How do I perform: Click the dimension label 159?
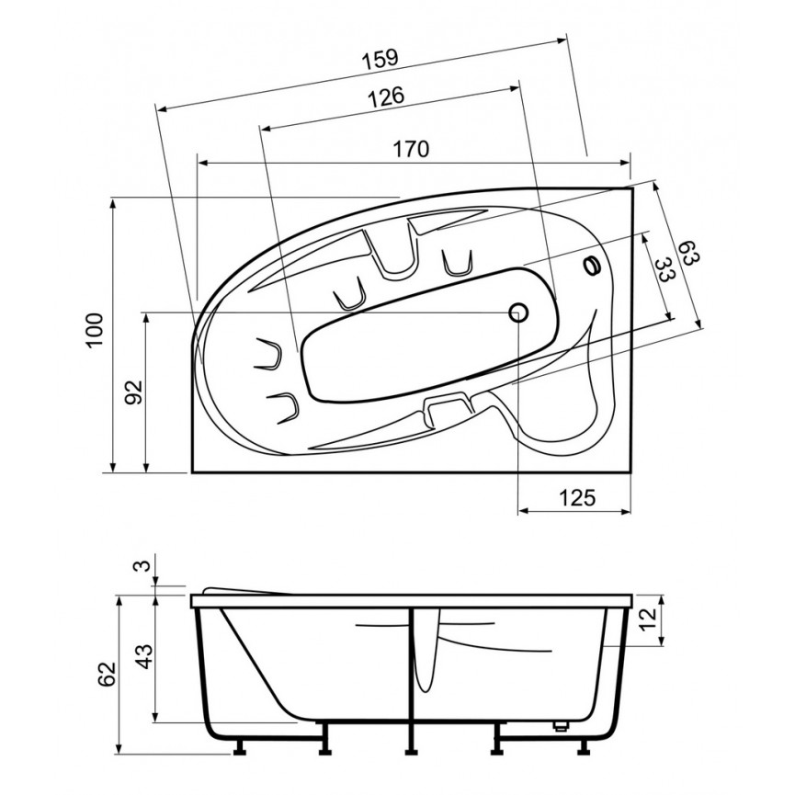pyautogui.click(x=380, y=58)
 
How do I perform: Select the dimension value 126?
pyautogui.click(x=386, y=97)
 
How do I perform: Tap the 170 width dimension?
pyautogui.click(x=411, y=149)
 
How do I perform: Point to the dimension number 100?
pyautogui.click(x=95, y=330)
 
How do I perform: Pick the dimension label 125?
pyautogui.click(x=577, y=498)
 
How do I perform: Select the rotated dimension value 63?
pyautogui.click(x=689, y=253)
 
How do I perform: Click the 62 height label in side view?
pyautogui.click(x=108, y=674)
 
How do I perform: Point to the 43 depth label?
pyautogui.click(x=144, y=656)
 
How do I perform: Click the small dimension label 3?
pyautogui.click(x=144, y=565)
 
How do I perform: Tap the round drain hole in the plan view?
pyautogui.click(x=518, y=312)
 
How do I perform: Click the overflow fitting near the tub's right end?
pyautogui.click(x=592, y=266)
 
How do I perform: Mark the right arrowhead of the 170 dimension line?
pyautogui.click(x=625, y=163)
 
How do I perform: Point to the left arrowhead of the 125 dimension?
pyautogui.click(x=524, y=511)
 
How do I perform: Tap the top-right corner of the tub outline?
pyautogui.click(x=632, y=188)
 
